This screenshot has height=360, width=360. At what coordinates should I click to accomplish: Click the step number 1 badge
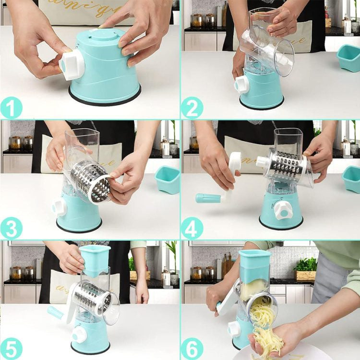point(11,108)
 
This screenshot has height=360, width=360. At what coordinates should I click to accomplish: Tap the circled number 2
point(192,108)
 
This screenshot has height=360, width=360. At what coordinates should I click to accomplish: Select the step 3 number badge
point(11,228)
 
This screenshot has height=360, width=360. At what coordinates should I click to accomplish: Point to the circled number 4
point(192,228)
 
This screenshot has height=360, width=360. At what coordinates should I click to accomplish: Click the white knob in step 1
point(72,65)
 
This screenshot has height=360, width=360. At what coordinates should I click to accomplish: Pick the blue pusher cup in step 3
point(168,180)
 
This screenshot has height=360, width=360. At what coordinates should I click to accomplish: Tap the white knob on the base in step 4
point(282,209)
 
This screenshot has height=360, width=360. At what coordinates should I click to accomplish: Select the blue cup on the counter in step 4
point(351,179)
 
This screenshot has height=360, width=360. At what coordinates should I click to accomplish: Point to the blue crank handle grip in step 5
point(55,312)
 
